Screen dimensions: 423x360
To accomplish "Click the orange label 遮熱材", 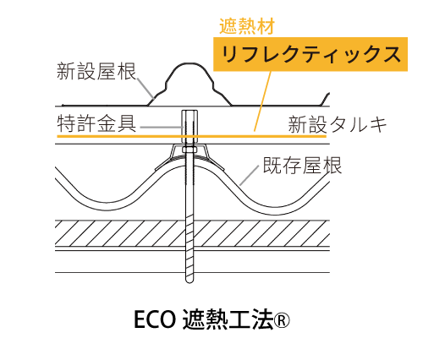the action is [247, 27].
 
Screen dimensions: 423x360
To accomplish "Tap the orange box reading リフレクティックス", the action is [310, 54].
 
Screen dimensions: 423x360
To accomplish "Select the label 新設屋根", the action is [96, 71].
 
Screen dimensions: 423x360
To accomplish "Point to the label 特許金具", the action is [96, 123].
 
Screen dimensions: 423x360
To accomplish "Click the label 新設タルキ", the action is [338, 124].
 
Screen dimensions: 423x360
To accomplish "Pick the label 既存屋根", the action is [302, 165].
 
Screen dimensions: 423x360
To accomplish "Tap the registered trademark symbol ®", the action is [282, 321].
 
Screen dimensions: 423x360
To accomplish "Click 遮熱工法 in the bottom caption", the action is [228, 319].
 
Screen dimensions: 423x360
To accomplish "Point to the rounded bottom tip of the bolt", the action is [190, 281].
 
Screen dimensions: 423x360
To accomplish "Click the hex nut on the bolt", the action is [190, 150].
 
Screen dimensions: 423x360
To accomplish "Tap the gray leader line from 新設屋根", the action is [146, 88].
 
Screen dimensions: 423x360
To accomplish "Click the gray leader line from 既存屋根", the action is [249, 176].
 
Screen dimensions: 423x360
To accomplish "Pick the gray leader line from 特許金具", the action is [162, 128].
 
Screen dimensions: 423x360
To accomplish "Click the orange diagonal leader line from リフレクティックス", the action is [262, 101].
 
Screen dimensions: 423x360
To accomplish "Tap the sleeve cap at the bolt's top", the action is [190, 126].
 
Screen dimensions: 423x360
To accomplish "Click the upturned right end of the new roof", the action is [325, 99].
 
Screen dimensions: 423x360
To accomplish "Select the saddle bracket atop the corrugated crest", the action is [190, 158].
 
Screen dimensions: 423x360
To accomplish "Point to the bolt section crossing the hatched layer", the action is [190, 233].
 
